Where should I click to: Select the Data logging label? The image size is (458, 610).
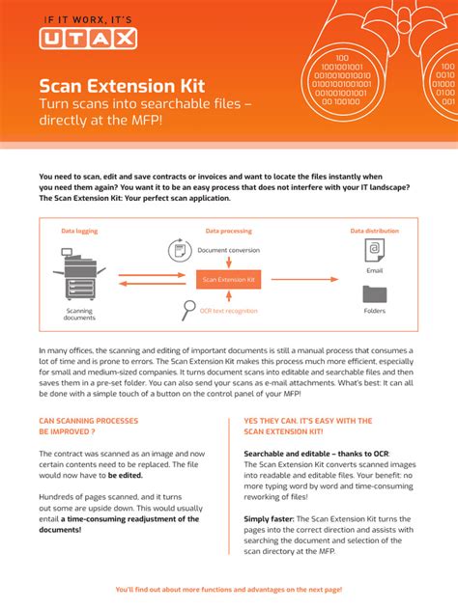79,232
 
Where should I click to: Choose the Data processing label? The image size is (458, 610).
228,232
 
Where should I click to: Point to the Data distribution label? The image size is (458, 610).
374,232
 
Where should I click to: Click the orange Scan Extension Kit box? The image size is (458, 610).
228,280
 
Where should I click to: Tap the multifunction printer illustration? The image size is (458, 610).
80,273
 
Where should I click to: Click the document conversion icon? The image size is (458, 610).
179,251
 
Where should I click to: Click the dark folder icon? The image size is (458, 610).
375,294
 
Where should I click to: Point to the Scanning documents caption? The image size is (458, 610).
79,315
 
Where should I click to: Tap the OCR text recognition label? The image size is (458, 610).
229,311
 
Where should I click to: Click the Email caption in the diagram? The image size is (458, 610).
375,271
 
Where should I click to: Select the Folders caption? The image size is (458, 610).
375,311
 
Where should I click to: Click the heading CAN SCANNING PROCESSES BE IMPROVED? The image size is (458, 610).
88,427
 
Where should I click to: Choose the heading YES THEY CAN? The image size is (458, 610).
308,427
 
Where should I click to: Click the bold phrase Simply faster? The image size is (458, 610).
270,518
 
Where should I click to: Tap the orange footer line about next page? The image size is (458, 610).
228,589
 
